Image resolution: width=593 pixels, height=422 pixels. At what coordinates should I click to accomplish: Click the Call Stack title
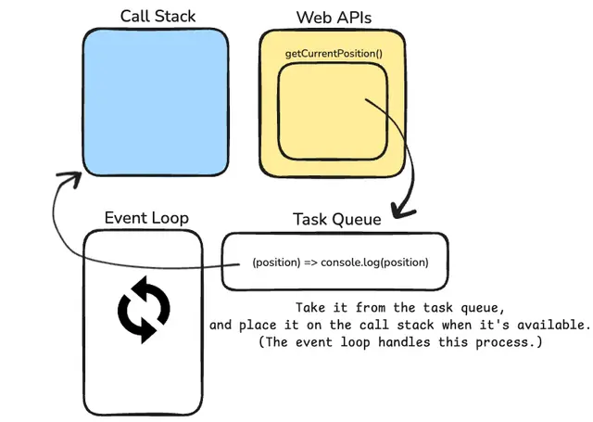tap(158, 17)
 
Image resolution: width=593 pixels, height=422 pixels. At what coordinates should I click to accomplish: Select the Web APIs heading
tap(334, 18)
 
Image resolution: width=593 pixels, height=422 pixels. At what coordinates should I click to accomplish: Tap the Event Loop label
tap(146, 218)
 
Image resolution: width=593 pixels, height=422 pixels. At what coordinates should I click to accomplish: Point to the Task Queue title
tap(337, 220)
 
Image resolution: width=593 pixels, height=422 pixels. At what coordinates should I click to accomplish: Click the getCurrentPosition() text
tap(334, 54)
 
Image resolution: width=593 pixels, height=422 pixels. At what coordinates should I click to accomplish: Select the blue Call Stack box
tap(156, 102)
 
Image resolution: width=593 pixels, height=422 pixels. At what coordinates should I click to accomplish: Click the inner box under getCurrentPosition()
tap(333, 111)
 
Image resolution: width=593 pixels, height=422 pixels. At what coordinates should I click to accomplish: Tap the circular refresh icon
tap(144, 310)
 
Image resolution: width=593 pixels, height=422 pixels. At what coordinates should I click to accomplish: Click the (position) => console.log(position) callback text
tap(340, 262)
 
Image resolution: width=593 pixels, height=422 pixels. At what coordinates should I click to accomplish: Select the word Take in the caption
tap(310, 308)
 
